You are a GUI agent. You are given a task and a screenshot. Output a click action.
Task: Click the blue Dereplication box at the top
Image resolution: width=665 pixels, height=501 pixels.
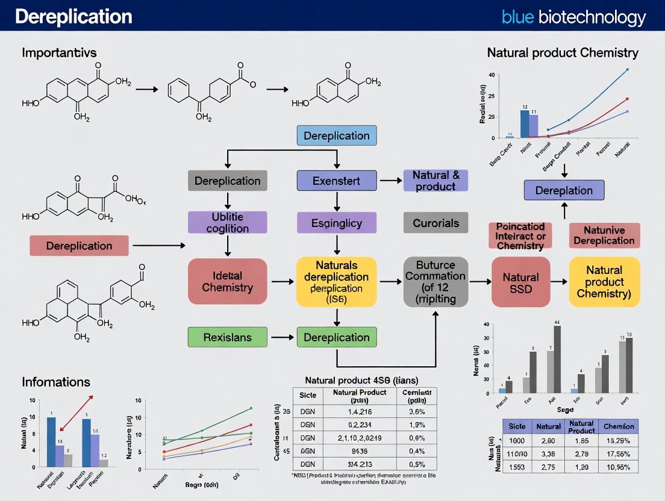337,135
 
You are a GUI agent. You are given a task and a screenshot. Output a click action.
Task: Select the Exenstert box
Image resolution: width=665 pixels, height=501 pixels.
337,181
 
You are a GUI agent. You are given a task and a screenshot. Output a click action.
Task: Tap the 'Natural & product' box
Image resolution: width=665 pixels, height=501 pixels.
436,181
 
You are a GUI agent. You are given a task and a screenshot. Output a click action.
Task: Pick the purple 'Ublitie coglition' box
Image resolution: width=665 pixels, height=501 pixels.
227,223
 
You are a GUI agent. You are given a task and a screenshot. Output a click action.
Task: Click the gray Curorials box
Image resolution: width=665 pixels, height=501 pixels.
436,223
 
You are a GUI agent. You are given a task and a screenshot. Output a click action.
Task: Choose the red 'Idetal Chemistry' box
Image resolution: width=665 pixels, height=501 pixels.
227,282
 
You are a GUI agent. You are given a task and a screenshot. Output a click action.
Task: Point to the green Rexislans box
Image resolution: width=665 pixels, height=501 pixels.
227,337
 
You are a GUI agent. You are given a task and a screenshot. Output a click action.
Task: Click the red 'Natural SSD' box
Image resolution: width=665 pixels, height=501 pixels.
520,282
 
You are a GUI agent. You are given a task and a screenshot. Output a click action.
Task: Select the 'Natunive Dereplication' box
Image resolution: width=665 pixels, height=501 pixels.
604,235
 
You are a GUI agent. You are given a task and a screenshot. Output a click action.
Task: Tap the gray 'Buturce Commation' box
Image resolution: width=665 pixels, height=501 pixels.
436,282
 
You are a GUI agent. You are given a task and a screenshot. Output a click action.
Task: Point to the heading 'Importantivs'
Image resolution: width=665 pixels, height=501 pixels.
59,52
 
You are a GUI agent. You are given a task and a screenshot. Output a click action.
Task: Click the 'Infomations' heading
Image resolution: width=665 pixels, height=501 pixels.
56,382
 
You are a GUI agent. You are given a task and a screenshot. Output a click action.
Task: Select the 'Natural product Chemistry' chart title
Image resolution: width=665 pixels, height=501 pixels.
563,53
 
